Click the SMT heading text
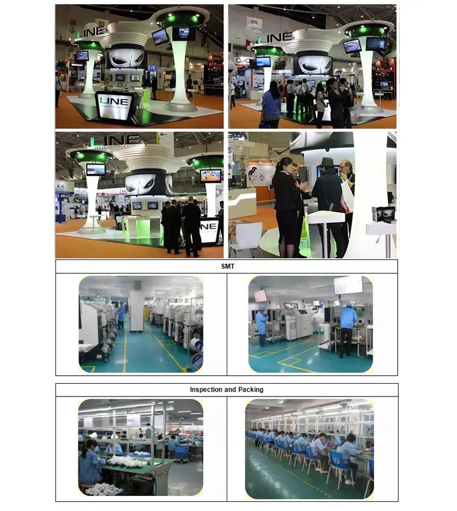point(226,266)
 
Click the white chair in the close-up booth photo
point(247,237)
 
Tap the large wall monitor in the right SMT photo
point(347,285)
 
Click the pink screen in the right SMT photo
point(261,295)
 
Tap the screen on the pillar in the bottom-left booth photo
point(95,169)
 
